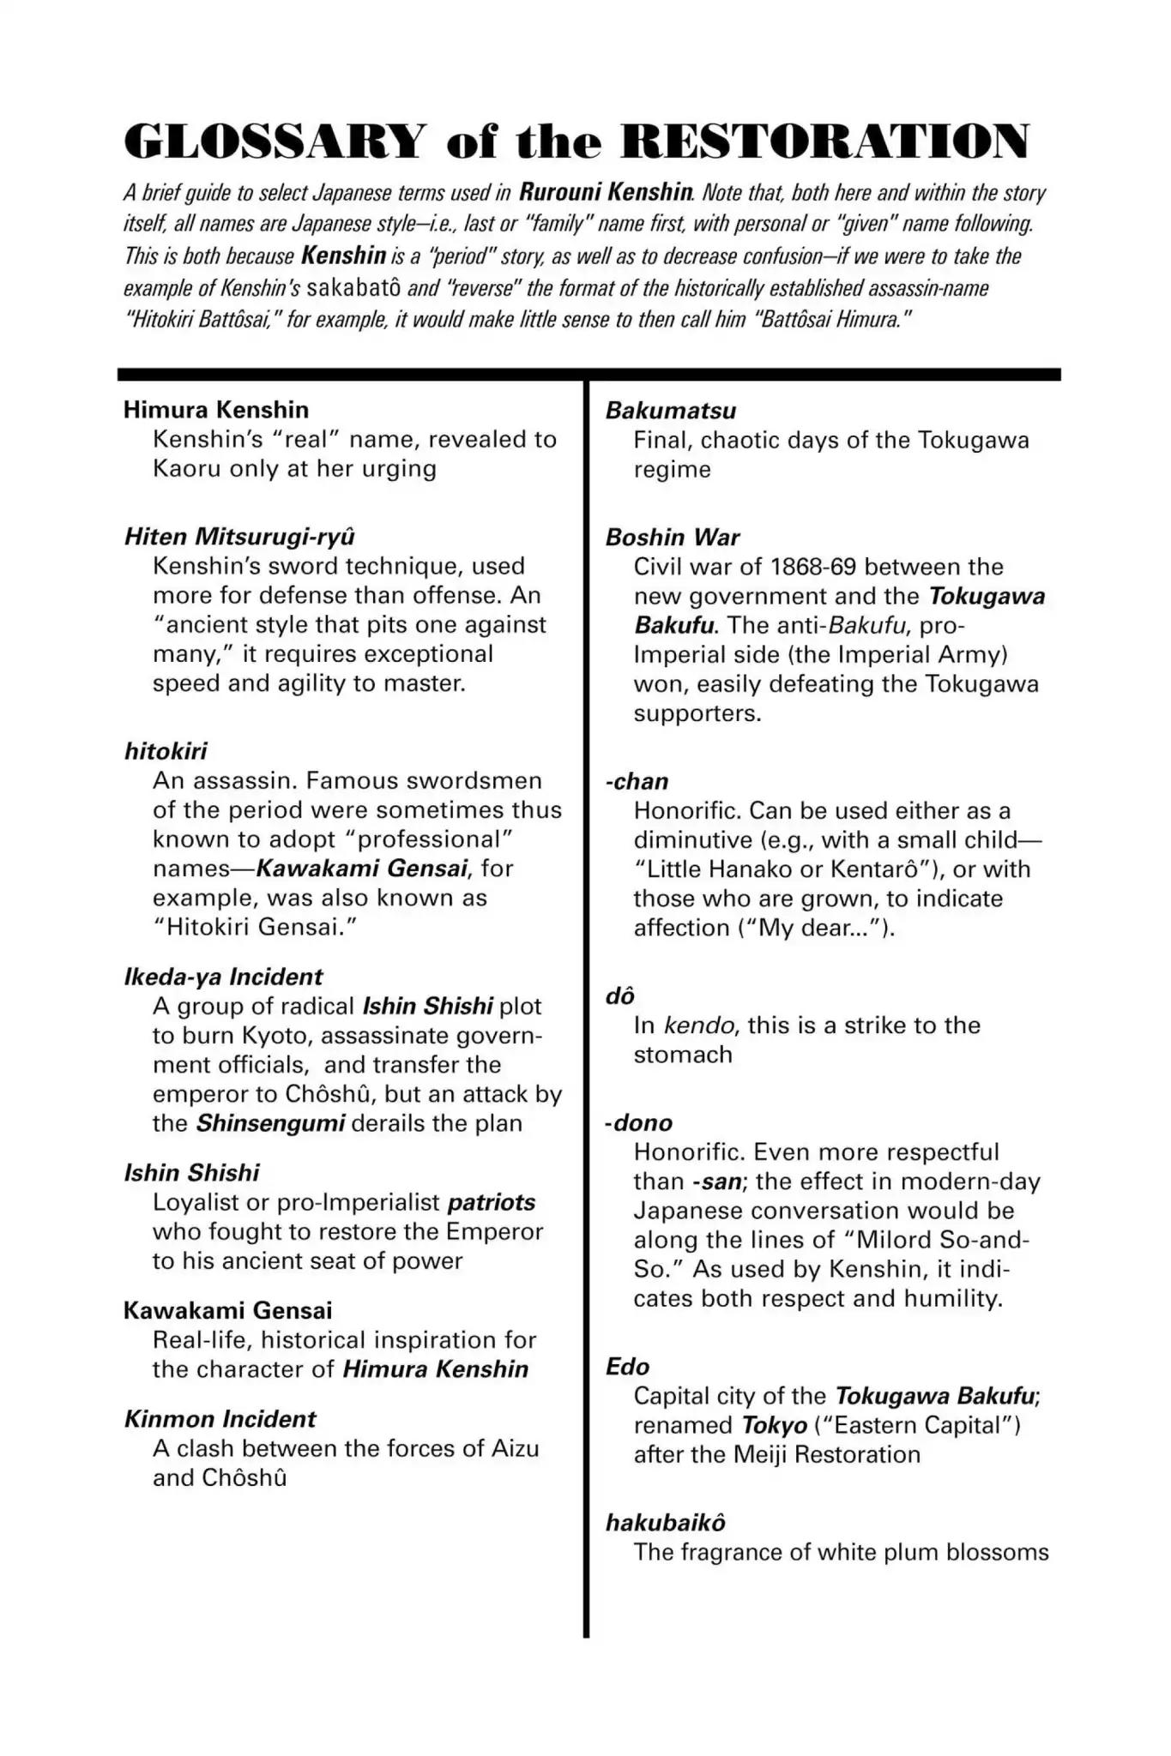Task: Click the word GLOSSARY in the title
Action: point(275,141)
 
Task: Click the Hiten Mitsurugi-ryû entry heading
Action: point(239,537)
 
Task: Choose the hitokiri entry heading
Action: point(166,751)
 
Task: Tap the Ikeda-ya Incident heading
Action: point(223,977)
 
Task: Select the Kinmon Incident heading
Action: point(220,1419)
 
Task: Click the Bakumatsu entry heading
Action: point(671,411)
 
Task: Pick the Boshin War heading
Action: point(673,538)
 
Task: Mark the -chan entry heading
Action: point(637,781)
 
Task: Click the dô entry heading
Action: point(620,996)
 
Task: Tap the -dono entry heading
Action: point(639,1122)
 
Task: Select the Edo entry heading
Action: point(627,1367)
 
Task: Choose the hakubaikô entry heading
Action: point(666,1523)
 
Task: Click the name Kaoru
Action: point(186,468)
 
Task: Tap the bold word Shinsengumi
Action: point(271,1123)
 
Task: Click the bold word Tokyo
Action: point(775,1425)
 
